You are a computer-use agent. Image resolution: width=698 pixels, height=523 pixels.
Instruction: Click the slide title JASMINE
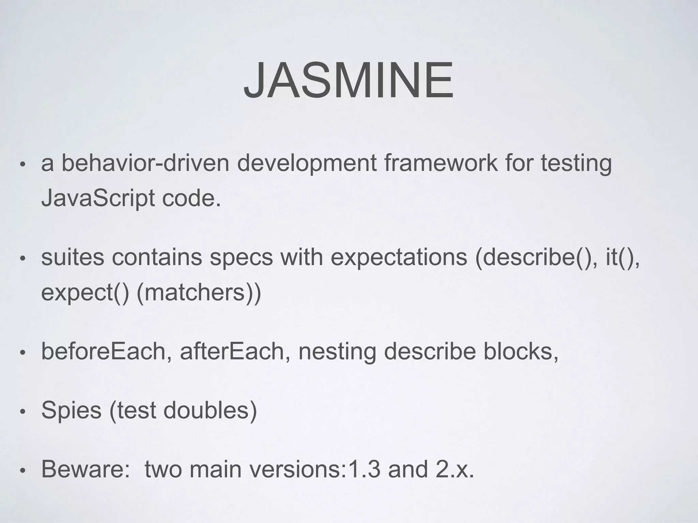click(348, 81)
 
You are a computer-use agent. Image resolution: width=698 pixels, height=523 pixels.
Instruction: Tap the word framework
click(441, 163)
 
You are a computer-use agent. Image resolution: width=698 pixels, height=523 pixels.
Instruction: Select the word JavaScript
click(98, 199)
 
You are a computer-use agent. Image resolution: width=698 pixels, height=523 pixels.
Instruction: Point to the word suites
click(73, 257)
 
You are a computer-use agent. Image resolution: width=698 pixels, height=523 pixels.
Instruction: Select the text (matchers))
click(199, 292)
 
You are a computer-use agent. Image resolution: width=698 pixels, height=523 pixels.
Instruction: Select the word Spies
click(71, 410)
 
